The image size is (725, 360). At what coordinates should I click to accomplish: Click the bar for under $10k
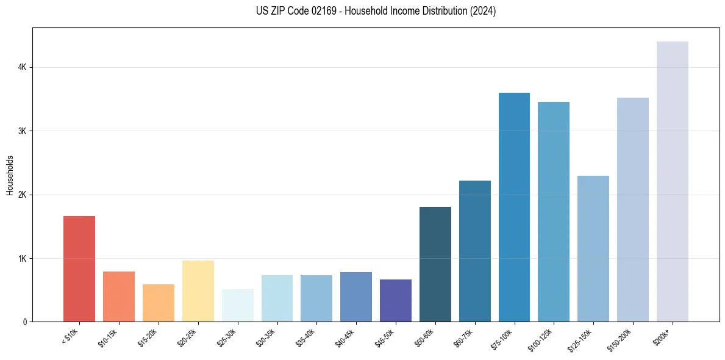click(79, 268)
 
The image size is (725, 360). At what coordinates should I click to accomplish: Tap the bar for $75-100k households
click(514, 207)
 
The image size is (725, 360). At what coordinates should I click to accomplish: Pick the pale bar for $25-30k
click(237, 306)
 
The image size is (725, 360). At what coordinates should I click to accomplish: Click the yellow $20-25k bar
click(198, 291)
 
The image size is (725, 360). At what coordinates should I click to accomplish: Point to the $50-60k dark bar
click(435, 264)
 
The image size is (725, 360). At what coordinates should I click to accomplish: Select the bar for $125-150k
click(593, 248)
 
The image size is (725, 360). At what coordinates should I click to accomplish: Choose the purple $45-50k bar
click(396, 300)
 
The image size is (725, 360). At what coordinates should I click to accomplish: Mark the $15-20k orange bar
click(159, 303)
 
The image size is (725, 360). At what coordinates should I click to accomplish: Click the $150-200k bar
click(633, 209)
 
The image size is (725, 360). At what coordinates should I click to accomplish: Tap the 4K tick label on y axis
click(22, 67)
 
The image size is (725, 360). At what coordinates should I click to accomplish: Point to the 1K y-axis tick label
click(22, 258)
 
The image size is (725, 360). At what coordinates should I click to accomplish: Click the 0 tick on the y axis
click(24, 322)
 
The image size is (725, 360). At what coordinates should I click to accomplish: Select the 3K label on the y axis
click(22, 131)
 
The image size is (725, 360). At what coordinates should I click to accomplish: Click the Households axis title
click(10, 175)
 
